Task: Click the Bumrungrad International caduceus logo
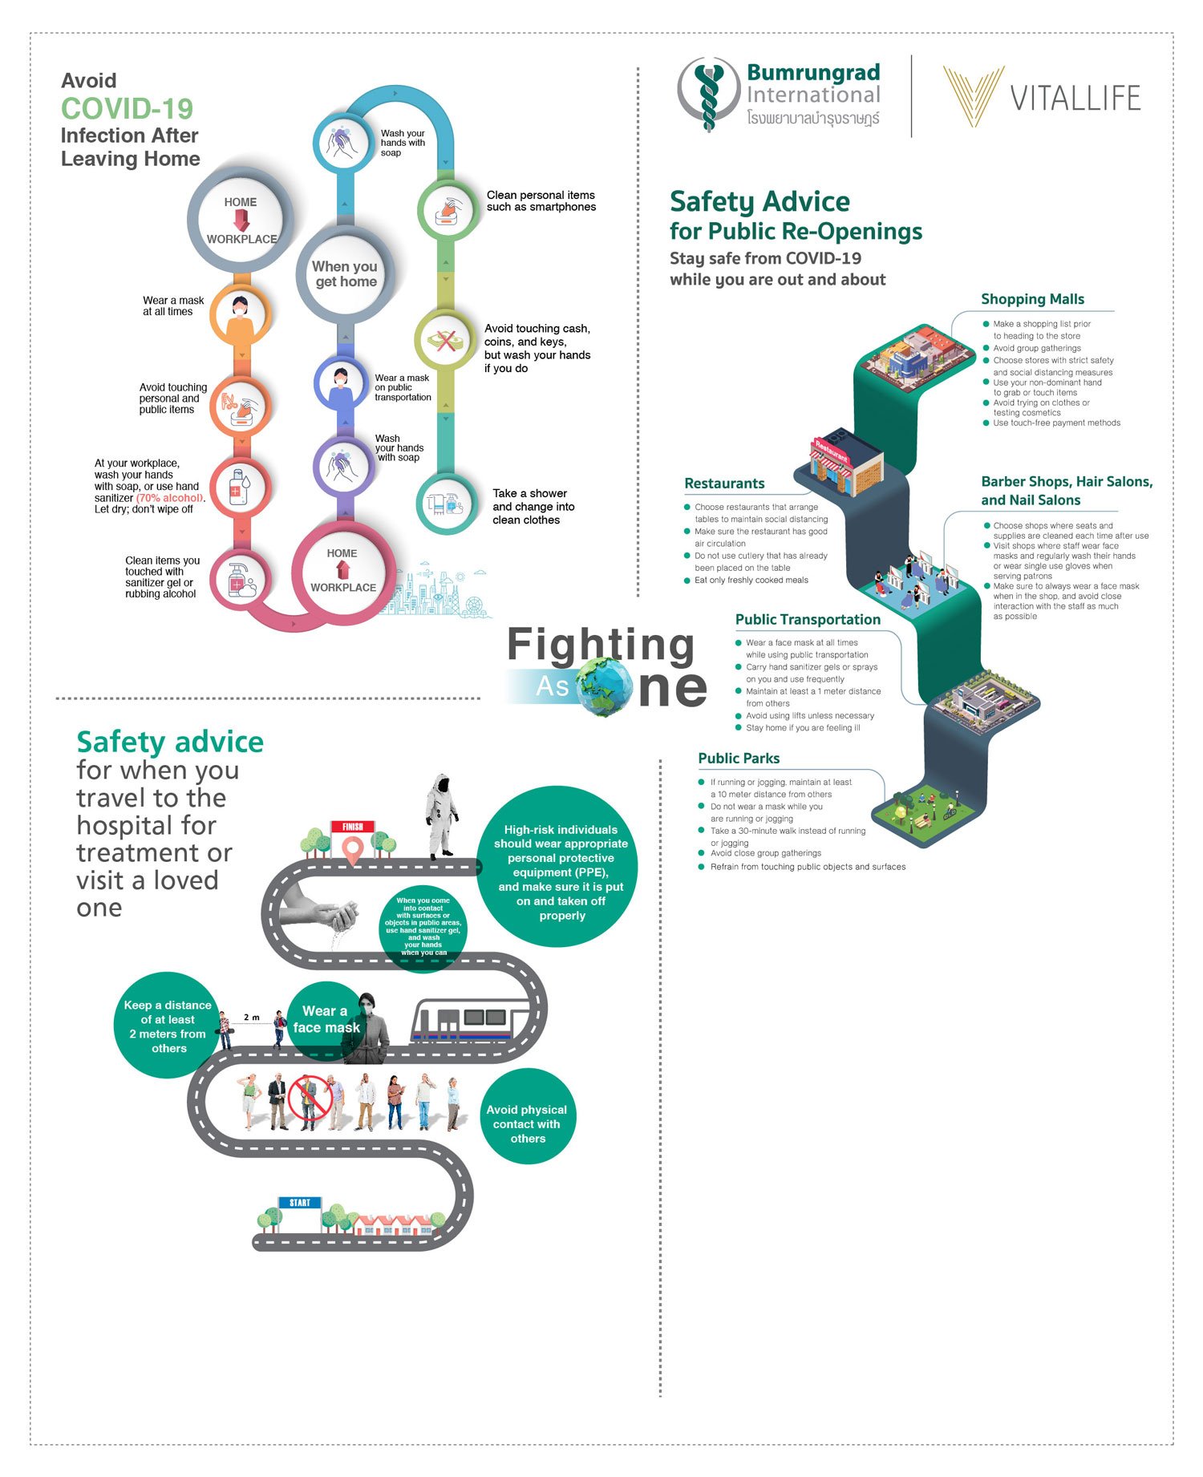pyautogui.click(x=707, y=95)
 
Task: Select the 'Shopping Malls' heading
pyautogui.click(x=1032, y=299)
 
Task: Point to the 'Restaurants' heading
pyautogui.click(x=724, y=484)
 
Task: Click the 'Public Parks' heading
pyautogui.click(x=739, y=759)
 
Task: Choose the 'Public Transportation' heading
pyautogui.click(x=808, y=620)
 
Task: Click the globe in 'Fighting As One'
pyautogui.click(x=603, y=686)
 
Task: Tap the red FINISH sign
pyautogui.click(x=353, y=827)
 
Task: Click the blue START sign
pyautogui.click(x=300, y=1203)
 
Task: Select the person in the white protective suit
pyautogui.click(x=440, y=816)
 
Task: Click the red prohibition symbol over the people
pyautogui.click(x=310, y=1097)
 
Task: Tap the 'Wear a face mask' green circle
pyautogui.click(x=326, y=1020)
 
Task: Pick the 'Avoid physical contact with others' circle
pyautogui.click(x=528, y=1116)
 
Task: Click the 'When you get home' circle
pyautogui.click(x=346, y=274)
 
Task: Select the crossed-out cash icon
pyautogui.click(x=446, y=340)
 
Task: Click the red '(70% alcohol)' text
pyautogui.click(x=170, y=498)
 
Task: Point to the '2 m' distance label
pyautogui.click(x=252, y=1018)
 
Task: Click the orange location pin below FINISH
pyautogui.click(x=352, y=851)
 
